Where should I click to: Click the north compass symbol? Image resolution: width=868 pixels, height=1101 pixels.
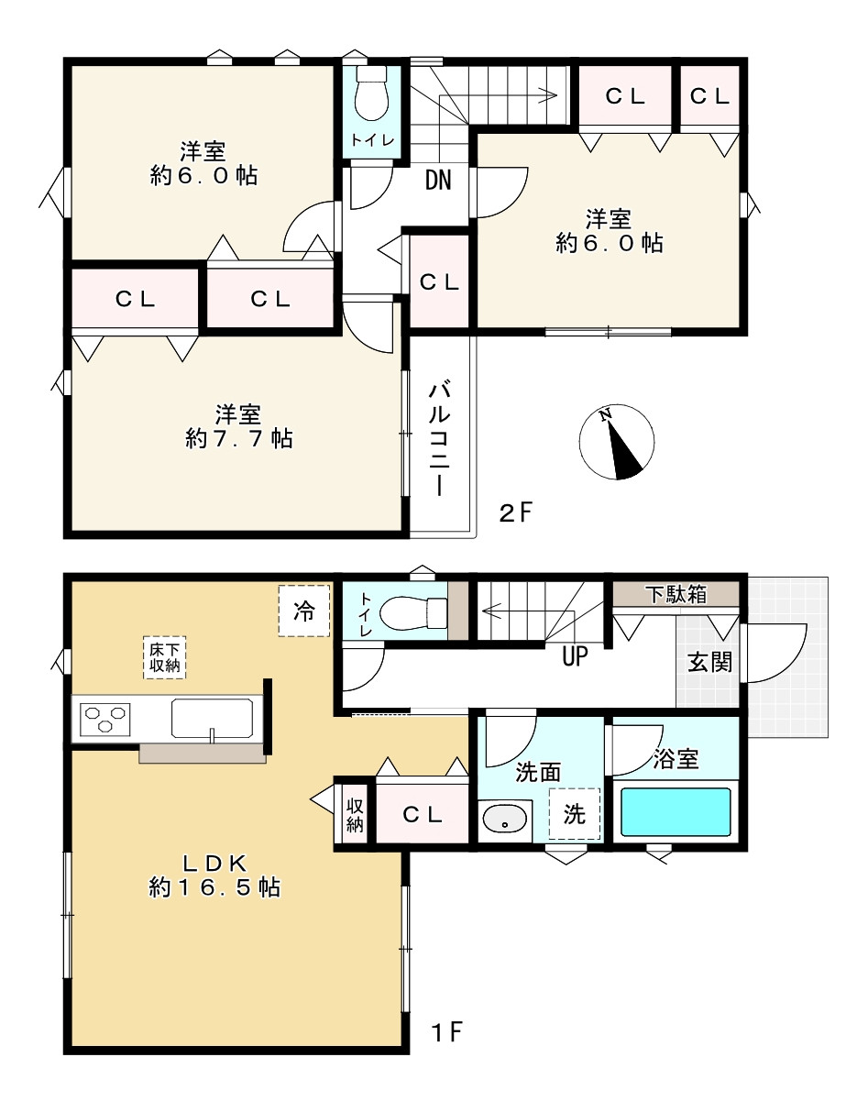point(616,442)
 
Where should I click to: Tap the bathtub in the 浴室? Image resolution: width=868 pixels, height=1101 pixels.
point(676,812)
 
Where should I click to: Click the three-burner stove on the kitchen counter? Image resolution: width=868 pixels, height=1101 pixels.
point(105,720)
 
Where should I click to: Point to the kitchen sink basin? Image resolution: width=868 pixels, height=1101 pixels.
point(213,719)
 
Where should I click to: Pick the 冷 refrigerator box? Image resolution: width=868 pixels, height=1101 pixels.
point(303,611)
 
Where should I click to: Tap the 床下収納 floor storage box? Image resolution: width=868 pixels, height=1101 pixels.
point(164,657)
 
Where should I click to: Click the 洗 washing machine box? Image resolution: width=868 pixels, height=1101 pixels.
point(575,813)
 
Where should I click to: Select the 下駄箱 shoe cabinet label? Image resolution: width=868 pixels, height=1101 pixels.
point(676,594)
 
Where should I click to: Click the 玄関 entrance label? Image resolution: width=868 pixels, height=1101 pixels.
point(710,663)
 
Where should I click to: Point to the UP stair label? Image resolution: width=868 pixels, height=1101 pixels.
point(575,655)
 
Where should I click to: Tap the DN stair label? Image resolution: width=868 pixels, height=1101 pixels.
point(439,180)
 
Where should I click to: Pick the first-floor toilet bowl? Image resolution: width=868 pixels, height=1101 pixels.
point(412,610)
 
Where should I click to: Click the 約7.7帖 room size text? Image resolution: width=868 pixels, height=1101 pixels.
point(239,438)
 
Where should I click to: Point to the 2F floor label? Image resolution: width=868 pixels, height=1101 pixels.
point(516,512)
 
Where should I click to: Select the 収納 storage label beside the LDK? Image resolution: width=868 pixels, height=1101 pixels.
point(355,816)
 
